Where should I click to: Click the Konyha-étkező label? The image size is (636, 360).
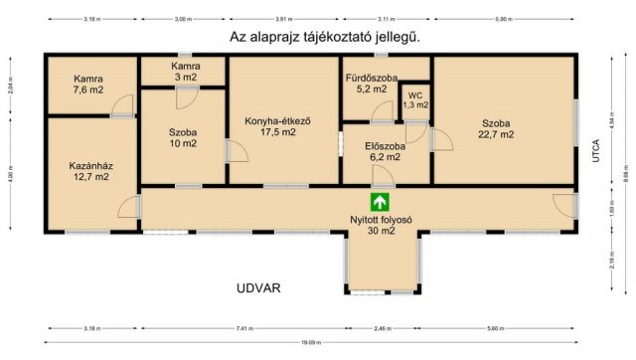(x=278, y=122)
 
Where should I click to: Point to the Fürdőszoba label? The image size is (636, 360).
(x=371, y=78)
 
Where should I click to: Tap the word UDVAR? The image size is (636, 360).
(x=259, y=288)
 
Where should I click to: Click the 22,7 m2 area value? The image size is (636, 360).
(x=496, y=134)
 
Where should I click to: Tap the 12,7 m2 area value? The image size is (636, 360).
(x=89, y=176)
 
